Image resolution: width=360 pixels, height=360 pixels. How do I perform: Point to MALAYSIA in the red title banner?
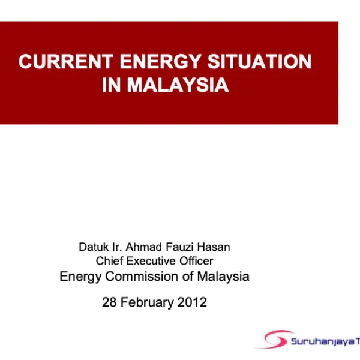tap(178, 85)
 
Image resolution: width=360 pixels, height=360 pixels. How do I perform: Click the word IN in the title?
tap(112, 85)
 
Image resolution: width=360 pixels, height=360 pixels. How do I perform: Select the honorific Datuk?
tap(92, 247)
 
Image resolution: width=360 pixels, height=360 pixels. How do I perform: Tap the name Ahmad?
tap(140, 247)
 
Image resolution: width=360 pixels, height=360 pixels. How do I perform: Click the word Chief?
tap(108, 261)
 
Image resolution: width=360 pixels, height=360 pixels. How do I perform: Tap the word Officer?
tap(196, 261)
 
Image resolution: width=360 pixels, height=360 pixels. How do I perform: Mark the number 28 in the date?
tap(109, 302)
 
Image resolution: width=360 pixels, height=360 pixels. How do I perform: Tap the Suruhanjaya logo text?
tap(324, 341)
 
